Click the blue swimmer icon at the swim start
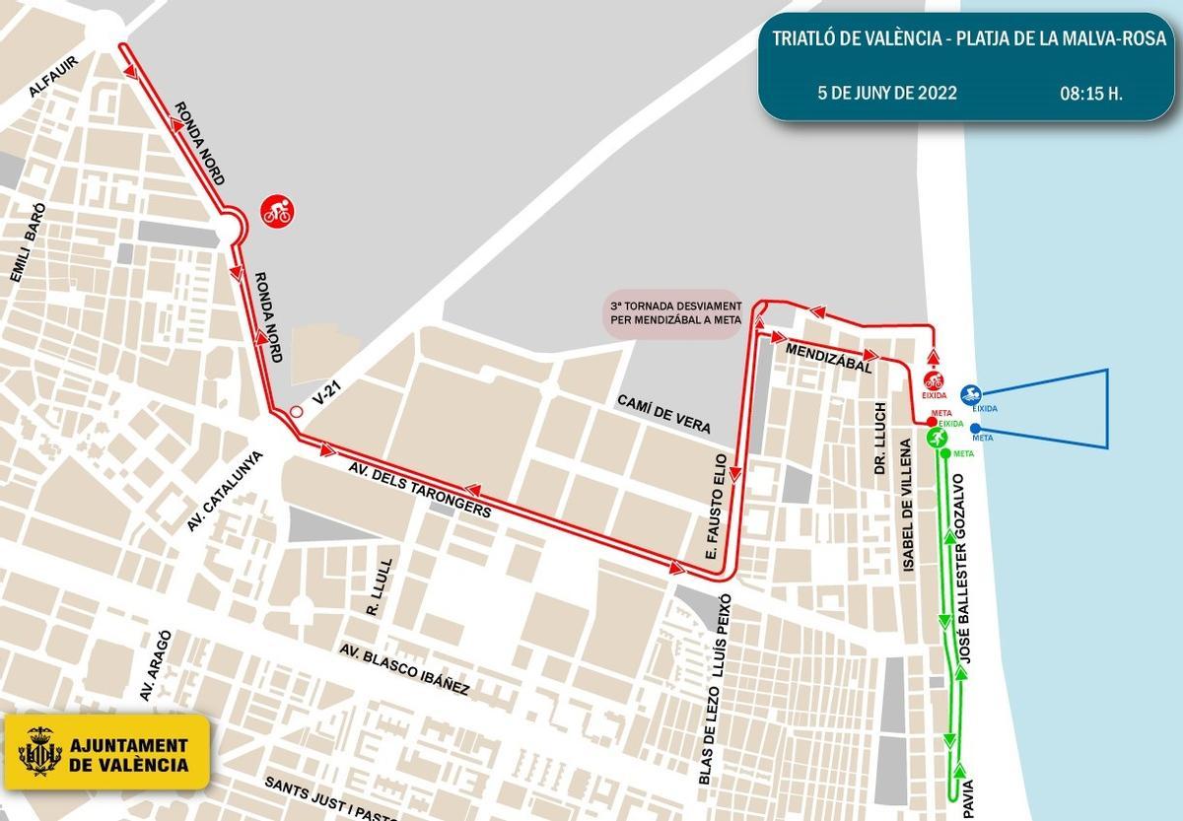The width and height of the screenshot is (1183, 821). (x=970, y=394)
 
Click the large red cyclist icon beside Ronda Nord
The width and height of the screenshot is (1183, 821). (x=276, y=210)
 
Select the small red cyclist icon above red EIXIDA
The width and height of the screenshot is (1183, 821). (x=933, y=379)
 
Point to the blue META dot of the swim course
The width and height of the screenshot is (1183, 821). (x=975, y=428)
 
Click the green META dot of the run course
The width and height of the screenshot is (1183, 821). (x=945, y=453)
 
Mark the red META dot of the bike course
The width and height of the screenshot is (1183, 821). (x=932, y=422)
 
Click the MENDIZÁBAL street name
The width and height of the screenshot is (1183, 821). (x=828, y=357)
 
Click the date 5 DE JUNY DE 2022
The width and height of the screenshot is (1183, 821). (x=887, y=95)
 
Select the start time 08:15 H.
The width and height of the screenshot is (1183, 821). (x=1091, y=95)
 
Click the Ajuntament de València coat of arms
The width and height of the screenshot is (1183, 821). (x=40, y=751)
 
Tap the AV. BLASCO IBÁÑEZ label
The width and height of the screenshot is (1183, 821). (x=404, y=671)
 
